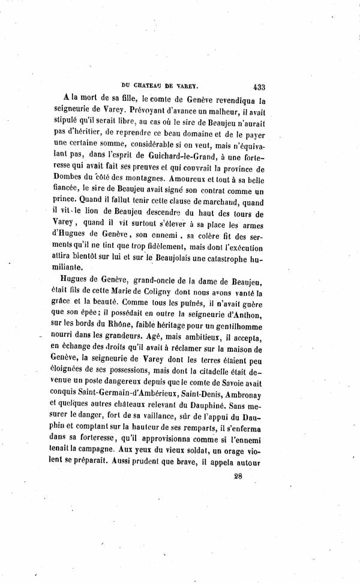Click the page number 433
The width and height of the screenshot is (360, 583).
263,86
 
